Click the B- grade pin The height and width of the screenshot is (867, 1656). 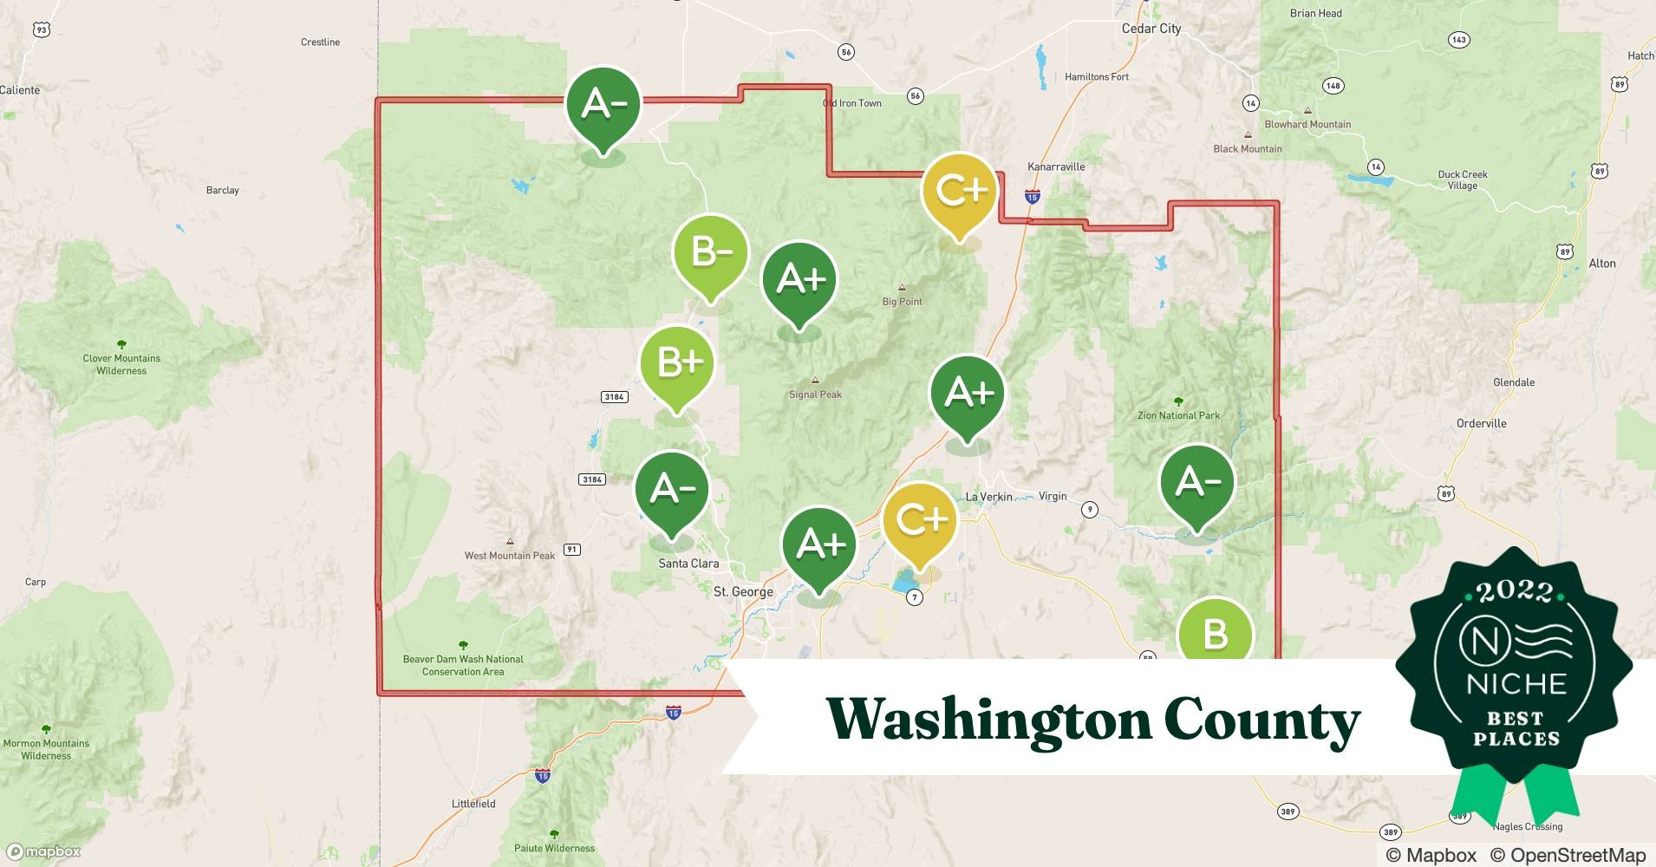710,252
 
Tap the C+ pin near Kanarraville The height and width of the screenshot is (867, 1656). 959,191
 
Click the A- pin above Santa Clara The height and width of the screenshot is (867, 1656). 672,489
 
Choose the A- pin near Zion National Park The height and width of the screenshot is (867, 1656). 1197,481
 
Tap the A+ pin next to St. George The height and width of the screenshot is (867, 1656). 819,544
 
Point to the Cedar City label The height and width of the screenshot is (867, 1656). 1151,29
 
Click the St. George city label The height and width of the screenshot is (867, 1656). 743,592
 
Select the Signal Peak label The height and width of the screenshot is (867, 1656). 815,394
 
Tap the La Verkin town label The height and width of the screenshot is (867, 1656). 988,497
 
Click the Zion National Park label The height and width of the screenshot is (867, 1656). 1178,415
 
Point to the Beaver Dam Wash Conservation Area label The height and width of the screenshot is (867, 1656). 463,665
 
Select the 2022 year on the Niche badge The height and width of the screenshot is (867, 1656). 1515,592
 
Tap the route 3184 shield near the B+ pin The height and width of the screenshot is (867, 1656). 614,397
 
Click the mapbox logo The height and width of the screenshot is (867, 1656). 44,851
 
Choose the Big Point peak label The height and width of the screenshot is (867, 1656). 902,302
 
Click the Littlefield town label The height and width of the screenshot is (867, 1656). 473,804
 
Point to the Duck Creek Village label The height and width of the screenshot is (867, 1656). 1462,179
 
